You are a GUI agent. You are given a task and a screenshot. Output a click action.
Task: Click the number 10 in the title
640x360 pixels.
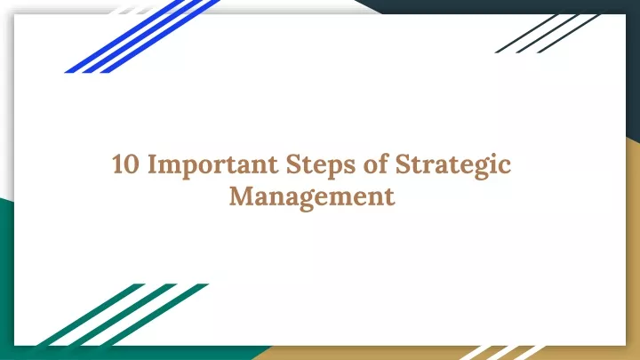coord(125,164)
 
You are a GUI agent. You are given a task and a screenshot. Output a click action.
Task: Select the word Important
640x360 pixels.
coord(212,165)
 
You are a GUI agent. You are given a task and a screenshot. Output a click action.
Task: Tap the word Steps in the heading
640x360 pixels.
coord(320,165)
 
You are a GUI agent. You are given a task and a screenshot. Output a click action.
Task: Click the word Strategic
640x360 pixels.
coord(453,165)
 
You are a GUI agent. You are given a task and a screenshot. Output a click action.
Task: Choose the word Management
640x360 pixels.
coord(312,197)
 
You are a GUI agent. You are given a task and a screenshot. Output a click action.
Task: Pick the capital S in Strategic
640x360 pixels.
coord(404,164)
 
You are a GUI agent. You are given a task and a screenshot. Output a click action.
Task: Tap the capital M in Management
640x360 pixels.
coord(242,196)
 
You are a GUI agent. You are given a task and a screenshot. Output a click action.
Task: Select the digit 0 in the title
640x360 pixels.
coord(132,164)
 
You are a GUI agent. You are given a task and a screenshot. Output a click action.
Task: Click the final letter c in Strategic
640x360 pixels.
coord(505,167)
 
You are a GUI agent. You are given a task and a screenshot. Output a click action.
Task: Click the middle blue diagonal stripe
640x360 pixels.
coord(142,36)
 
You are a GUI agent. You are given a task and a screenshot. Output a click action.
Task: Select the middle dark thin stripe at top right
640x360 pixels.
coord(548,34)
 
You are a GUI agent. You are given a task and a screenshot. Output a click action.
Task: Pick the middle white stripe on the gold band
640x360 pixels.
coord(503,353)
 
